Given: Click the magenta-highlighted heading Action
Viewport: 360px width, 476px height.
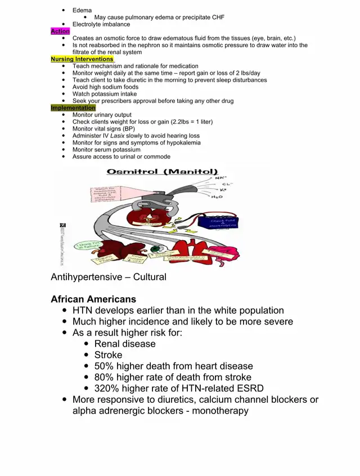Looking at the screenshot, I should point(60,32).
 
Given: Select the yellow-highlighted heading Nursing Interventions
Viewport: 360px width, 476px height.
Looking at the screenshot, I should point(82,59).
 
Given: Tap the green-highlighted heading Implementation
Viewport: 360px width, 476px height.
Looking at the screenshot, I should point(73,108).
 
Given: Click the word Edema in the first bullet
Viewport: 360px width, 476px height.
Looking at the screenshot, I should point(82,11).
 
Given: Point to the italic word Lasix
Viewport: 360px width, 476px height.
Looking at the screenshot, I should point(117,136).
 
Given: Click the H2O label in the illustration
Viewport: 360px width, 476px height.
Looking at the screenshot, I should point(217,196).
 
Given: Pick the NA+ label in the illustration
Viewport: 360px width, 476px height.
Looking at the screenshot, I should point(221,178).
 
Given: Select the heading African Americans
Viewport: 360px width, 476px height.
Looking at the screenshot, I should point(93,299).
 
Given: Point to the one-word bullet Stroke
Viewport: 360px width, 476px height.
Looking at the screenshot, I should point(108,355).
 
